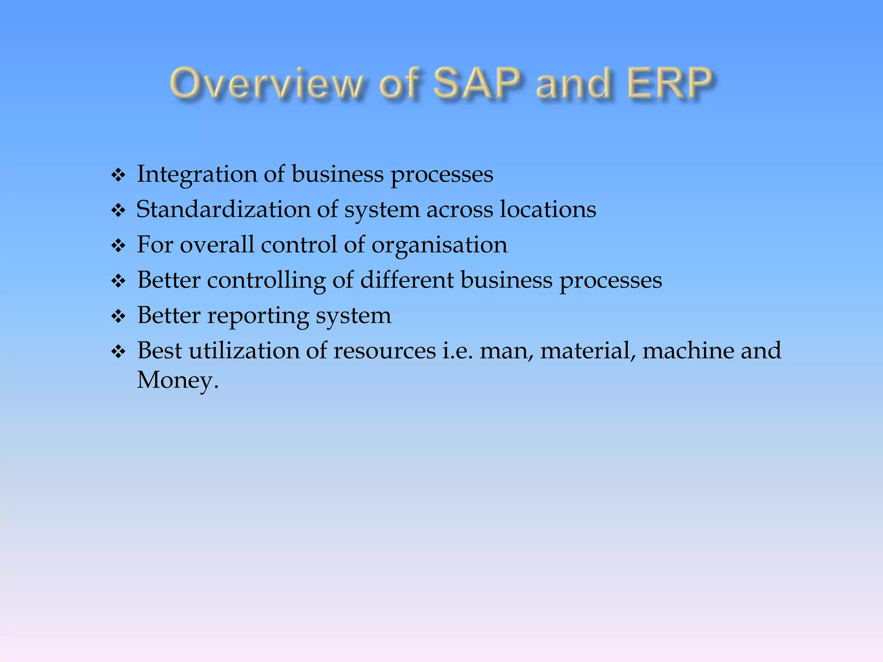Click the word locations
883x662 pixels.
[548, 209]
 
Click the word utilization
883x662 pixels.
[244, 351]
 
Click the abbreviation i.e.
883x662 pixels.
[457, 351]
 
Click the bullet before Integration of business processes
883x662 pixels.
[118, 175]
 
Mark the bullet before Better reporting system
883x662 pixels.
[118, 317]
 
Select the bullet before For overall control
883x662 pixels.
[118, 246]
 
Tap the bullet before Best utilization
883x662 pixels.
[118, 352]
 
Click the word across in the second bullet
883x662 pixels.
[459, 210]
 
